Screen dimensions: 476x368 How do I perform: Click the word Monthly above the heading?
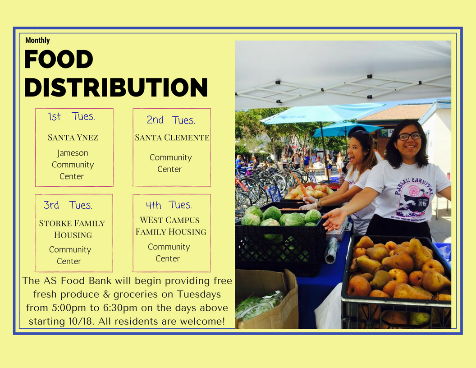pyautogui.click(x=37, y=41)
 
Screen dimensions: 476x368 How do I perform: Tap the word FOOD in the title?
pyautogui.click(x=59, y=59)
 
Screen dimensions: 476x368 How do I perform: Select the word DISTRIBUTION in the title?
pyautogui.click(x=116, y=87)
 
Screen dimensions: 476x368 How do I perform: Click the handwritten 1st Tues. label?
pyautogui.click(x=71, y=116)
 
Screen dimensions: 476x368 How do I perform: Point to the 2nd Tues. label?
pyautogui.click(x=170, y=120)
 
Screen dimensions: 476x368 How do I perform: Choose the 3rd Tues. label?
pyautogui.click(x=68, y=205)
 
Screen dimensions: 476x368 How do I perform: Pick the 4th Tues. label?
pyautogui.click(x=169, y=205)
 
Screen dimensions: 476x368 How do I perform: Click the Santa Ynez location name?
pyautogui.click(x=73, y=138)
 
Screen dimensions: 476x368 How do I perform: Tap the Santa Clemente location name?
pyautogui.click(x=172, y=138)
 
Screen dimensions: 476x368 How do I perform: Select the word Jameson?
pyautogui.click(x=73, y=153)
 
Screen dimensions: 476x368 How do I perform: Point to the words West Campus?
pyautogui.click(x=169, y=220)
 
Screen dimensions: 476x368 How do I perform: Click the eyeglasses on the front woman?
pyautogui.click(x=410, y=136)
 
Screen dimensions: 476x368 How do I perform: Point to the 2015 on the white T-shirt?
pyautogui.click(x=422, y=203)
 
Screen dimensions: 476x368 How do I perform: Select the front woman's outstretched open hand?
pyautogui.click(x=335, y=219)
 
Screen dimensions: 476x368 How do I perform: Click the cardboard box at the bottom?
pyautogui.click(x=266, y=299)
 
